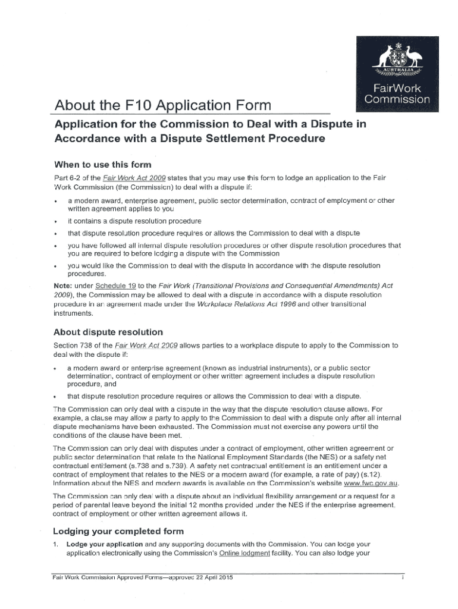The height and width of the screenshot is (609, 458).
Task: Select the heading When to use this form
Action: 102,164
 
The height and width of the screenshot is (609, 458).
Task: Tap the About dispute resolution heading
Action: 108,332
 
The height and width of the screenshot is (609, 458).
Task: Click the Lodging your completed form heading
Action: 118,531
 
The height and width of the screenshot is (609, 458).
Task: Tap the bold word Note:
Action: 65,285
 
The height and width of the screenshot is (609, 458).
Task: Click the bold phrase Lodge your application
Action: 104,544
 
